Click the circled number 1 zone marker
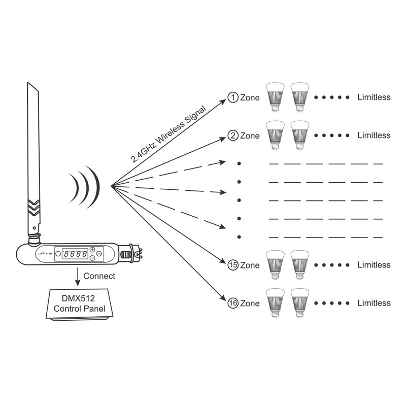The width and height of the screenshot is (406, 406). click(x=233, y=97)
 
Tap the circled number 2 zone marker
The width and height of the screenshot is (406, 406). click(x=233, y=136)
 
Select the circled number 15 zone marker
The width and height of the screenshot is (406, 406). click(x=233, y=265)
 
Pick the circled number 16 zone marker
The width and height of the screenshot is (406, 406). click(x=233, y=303)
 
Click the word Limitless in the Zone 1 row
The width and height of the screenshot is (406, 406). click(x=374, y=97)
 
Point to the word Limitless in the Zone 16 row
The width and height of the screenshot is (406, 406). click(x=374, y=303)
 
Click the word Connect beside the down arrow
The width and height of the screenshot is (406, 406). click(x=99, y=277)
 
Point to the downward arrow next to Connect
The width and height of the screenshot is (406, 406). click(x=77, y=277)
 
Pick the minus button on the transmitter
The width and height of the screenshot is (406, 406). click(x=92, y=257)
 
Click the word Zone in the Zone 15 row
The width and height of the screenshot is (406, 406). click(x=250, y=265)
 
